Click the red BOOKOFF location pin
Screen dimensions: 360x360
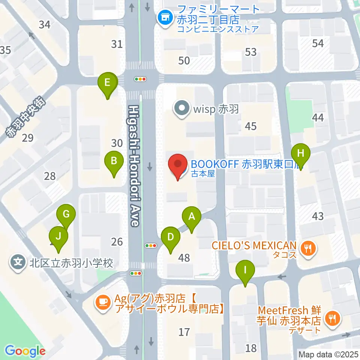[178, 166]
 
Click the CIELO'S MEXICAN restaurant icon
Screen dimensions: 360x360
[308, 247]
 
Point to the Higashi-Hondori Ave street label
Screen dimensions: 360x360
[134, 165]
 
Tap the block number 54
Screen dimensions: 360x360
[318, 43]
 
